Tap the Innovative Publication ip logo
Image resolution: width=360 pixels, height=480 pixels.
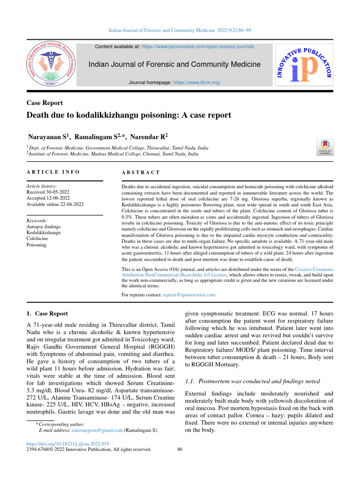[x=304, y=65]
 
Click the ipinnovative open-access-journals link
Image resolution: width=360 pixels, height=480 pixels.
[x=198, y=47]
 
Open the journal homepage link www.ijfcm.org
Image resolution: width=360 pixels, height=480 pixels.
[x=196, y=82]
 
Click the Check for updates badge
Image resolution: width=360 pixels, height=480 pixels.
[x=325, y=147]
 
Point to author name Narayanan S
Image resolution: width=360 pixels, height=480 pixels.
[x=47, y=137]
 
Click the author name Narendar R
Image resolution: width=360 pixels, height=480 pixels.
[x=149, y=137]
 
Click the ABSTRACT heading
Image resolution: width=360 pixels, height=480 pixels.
[x=141, y=173]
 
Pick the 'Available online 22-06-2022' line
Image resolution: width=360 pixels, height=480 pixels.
[x=56, y=204]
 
